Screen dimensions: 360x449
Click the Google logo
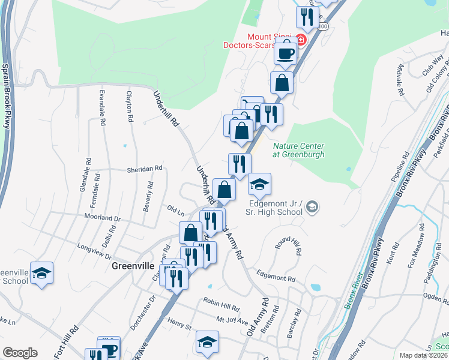(x=20, y=353)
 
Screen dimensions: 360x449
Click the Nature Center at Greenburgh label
(x=298, y=150)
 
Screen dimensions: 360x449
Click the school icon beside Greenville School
(x=41, y=274)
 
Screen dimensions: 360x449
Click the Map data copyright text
(x=423, y=355)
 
